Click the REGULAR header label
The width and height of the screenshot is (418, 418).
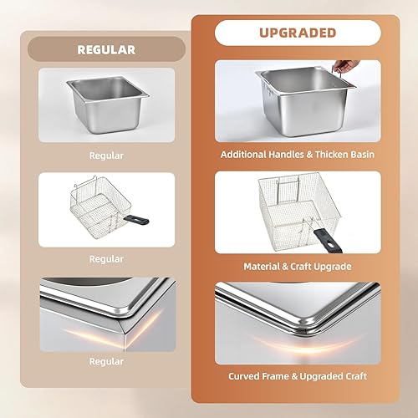[x=106, y=49]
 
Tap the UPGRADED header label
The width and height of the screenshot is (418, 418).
[x=298, y=33]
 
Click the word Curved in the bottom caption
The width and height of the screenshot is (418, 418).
[x=246, y=376]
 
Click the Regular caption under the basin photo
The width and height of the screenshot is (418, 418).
[x=106, y=155]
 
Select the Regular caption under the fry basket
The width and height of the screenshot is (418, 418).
[x=106, y=259]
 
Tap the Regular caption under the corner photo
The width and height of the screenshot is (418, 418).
[x=106, y=361]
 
